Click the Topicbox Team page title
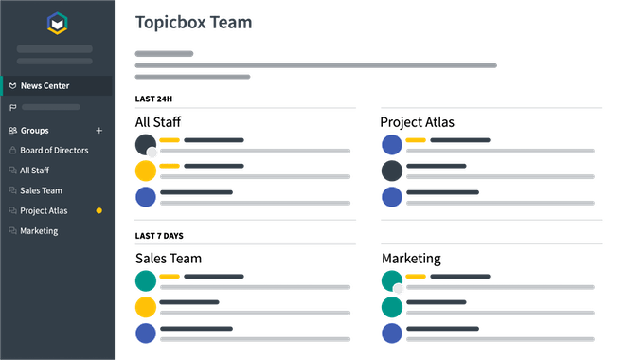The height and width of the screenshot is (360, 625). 194,21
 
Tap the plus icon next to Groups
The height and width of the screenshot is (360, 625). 99,131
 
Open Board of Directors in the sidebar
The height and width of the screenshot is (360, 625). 54,151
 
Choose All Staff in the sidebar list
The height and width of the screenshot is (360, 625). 34,171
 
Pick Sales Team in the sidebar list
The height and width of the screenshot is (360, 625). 41,190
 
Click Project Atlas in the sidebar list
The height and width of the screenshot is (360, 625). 44,210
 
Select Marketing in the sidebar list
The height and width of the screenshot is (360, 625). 39,230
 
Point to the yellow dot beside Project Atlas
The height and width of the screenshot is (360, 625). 99,210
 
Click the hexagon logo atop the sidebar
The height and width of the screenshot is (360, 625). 57,23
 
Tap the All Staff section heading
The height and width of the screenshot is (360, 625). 158,121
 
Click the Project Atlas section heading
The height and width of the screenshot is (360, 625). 418,121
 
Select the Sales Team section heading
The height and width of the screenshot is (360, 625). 169,258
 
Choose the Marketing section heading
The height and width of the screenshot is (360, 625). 410,258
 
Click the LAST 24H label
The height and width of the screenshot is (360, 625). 153,99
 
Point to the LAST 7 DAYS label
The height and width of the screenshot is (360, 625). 158,235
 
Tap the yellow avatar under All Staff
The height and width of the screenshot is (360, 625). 145,171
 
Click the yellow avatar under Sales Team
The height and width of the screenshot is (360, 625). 145,307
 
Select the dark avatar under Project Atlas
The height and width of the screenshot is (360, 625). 392,171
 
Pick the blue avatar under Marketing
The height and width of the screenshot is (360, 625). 392,333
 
